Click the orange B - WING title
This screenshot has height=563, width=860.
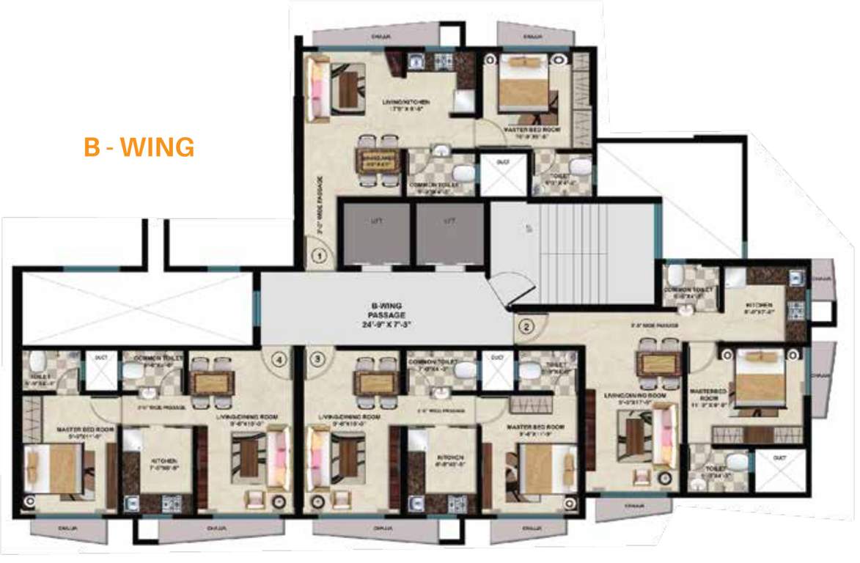(139, 147)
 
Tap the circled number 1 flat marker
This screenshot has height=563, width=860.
(318, 257)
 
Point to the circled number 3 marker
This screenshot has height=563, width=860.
(317, 359)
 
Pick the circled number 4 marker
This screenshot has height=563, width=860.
(278, 359)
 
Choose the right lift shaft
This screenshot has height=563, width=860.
(449, 233)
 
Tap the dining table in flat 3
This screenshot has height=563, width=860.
(375, 381)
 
